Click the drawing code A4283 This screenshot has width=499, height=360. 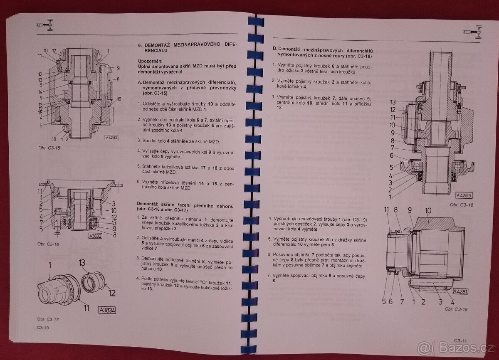click(x=111, y=138)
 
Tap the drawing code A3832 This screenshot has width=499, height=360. click(x=95, y=236)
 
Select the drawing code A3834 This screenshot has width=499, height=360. click(x=107, y=310)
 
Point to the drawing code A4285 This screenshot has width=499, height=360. click(x=464, y=195)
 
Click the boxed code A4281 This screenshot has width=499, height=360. click(x=460, y=291)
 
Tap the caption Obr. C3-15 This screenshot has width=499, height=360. click(x=49, y=148)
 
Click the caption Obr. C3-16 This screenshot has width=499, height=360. click(x=48, y=244)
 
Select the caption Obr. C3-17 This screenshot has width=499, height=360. click(x=48, y=319)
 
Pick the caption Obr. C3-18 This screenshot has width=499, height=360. click(x=462, y=205)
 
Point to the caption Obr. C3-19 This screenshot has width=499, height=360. click(x=456, y=309)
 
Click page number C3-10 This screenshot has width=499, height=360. click(x=43, y=328)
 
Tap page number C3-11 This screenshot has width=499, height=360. click(x=460, y=340)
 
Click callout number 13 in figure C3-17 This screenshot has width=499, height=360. click(x=82, y=263)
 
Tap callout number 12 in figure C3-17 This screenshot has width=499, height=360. click(x=112, y=293)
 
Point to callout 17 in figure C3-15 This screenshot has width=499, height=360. click(x=54, y=51)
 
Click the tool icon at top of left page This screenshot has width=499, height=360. click(x=45, y=25)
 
